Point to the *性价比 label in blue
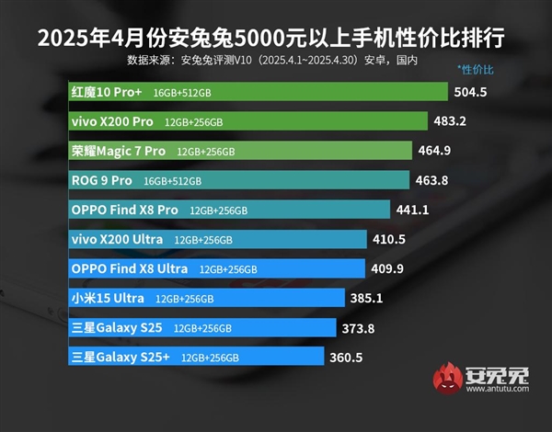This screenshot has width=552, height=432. click(476, 70)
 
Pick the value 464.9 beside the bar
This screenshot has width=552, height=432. click(434, 151)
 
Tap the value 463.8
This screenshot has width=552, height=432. click(431, 180)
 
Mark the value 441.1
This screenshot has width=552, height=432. click(412, 210)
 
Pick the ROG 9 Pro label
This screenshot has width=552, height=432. click(101, 180)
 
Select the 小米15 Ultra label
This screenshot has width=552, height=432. click(107, 298)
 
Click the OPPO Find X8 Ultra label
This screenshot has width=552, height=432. click(130, 268)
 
